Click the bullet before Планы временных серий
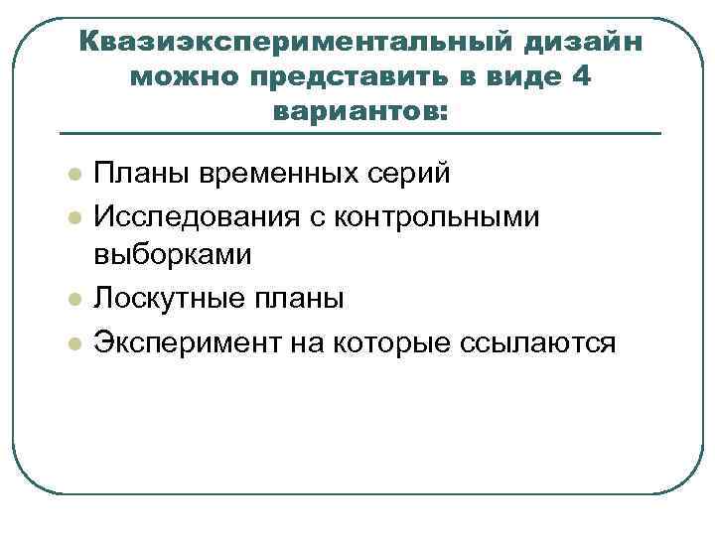click(72, 175)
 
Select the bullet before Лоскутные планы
click(72, 299)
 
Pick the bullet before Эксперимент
click(72, 343)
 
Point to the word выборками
click(173, 254)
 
